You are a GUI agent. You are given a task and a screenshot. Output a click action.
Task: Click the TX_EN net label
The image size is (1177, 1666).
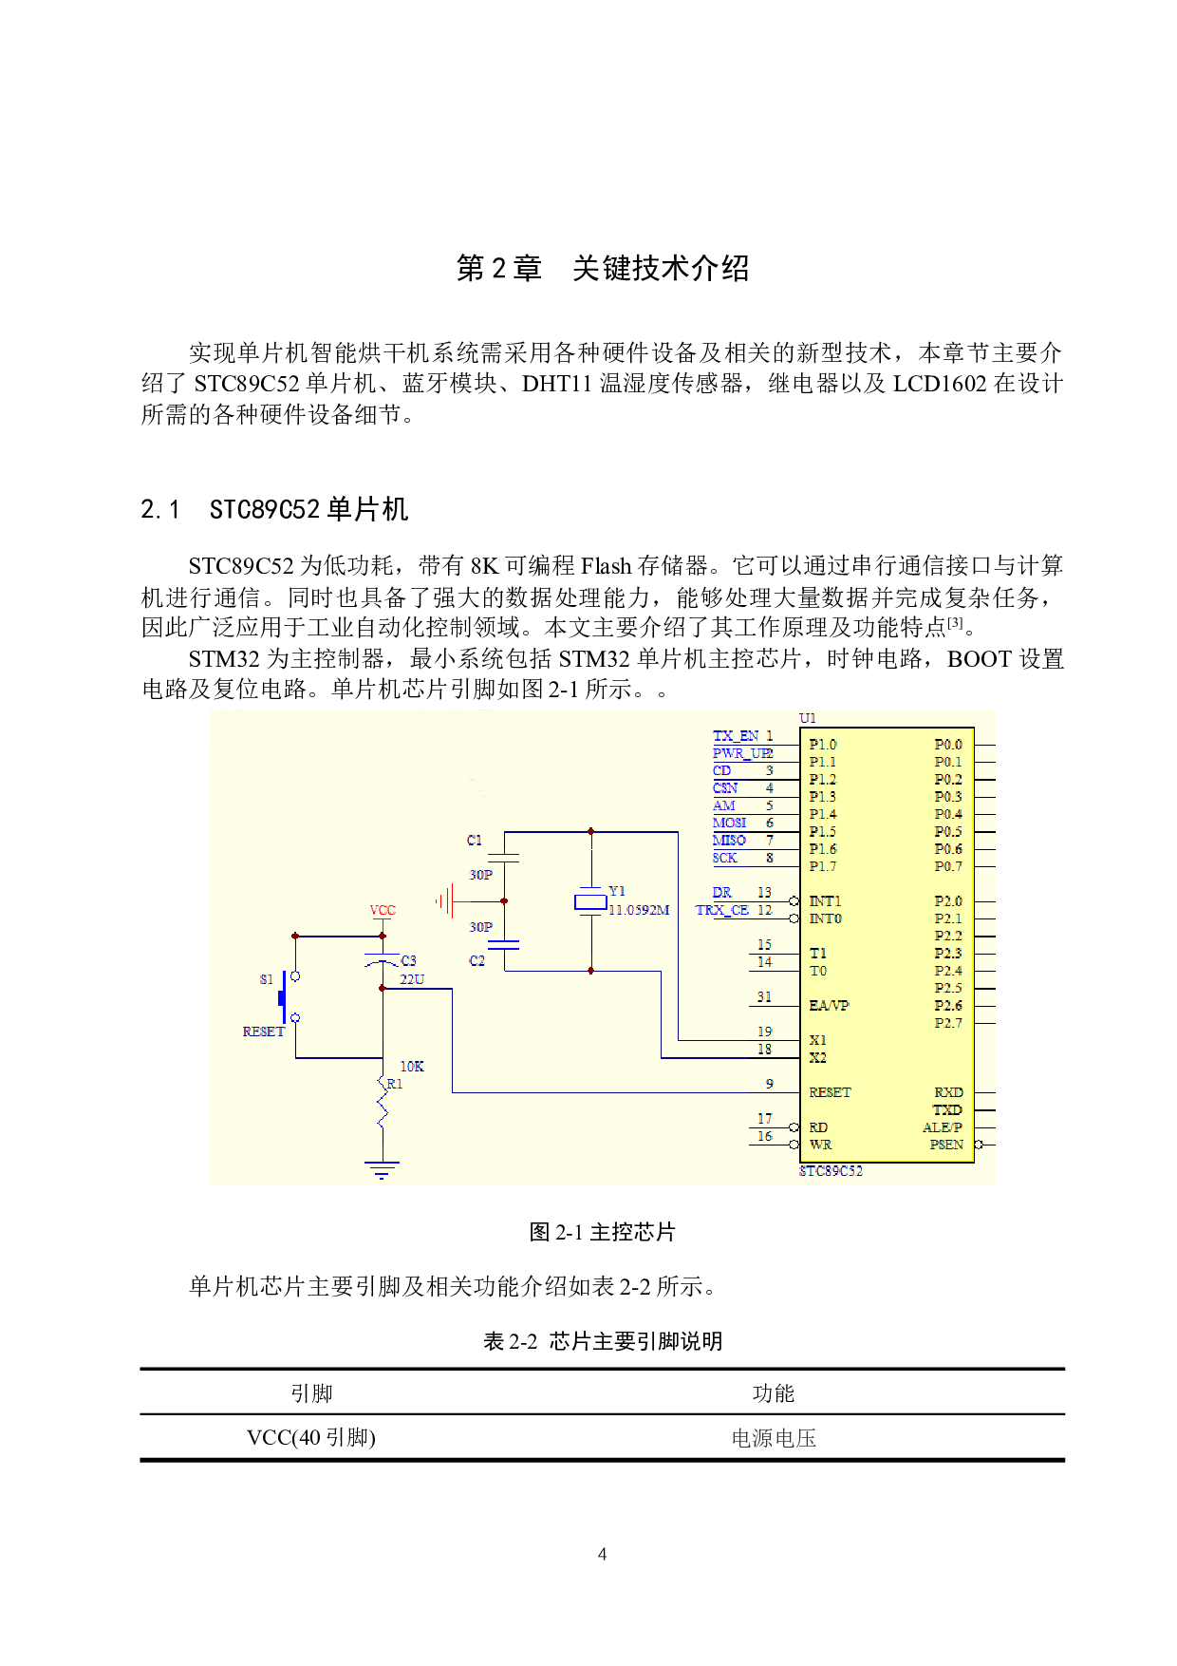[x=735, y=736]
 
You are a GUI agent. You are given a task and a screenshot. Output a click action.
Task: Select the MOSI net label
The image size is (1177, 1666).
[x=729, y=823]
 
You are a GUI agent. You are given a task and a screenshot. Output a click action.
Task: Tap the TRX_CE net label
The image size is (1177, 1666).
[x=721, y=910]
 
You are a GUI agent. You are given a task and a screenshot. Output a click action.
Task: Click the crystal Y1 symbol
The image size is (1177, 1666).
[x=590, y=901]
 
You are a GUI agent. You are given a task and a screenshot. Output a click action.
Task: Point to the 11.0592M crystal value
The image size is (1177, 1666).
[x=639, y=910]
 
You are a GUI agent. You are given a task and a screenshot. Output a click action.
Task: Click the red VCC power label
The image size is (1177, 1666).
[x=383, y=910]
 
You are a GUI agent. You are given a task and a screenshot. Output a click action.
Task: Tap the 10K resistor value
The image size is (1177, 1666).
[x=412, y=1067]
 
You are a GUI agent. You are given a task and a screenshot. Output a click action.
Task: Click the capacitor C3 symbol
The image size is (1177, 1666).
[x=383, y=960]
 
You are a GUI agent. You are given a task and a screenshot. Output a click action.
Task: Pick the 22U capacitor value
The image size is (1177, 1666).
[x=412, y=979]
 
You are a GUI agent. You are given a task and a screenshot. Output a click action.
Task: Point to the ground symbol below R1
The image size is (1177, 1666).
[x=382, y=1169]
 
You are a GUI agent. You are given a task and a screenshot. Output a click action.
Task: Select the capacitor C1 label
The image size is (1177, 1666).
[x=475, y=841]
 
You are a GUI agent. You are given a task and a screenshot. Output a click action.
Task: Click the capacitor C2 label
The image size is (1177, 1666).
[x=476, y=961]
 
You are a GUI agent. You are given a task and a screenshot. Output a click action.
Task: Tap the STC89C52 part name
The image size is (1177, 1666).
[x=831, y=1171]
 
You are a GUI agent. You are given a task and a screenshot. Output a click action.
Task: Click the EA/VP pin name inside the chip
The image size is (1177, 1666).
[x=829, y=1005]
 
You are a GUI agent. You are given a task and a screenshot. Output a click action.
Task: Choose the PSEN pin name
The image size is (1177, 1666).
[x=946, y=1145]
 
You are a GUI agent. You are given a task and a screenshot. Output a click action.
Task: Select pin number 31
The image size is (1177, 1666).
[x=764, y=997]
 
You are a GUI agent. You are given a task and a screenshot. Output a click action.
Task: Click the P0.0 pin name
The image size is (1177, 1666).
[x=948, y=745]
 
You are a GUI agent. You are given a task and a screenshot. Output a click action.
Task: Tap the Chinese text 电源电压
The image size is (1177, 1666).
[x=773, y=1437]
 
